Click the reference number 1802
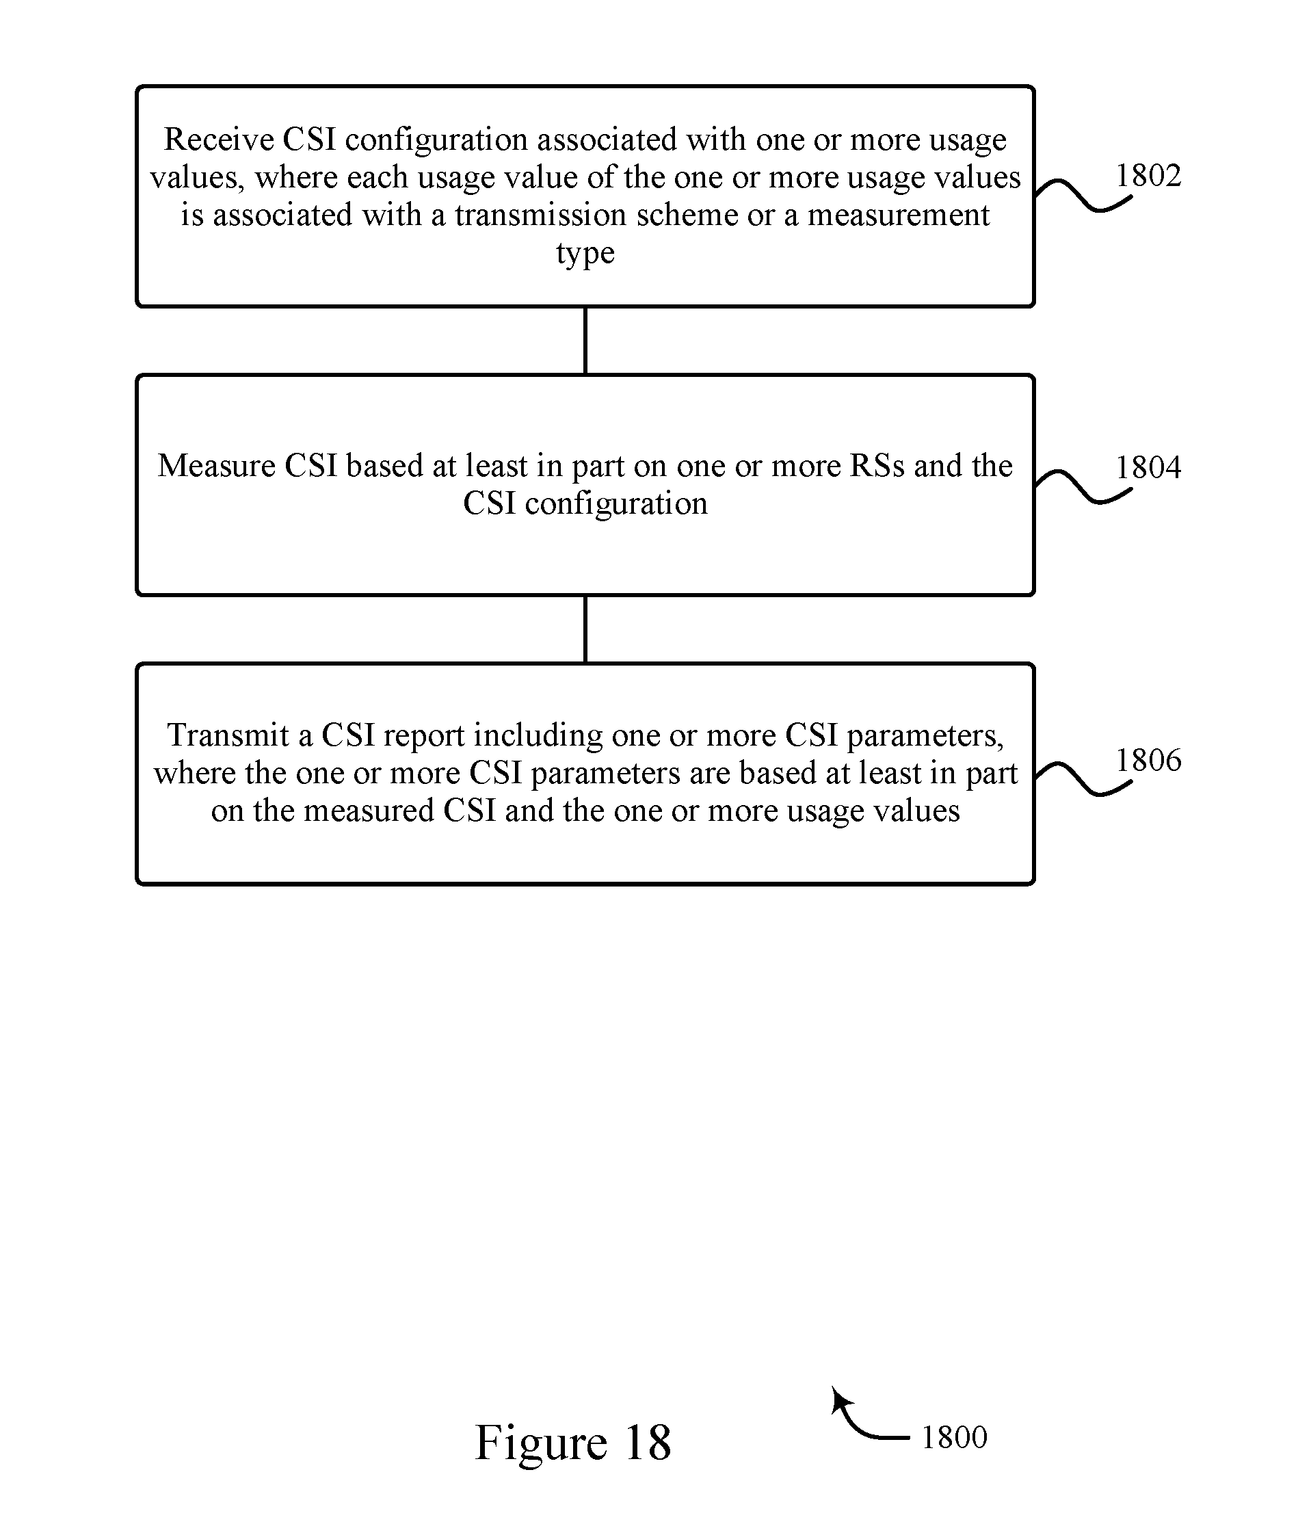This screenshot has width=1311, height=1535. coord(1148,176)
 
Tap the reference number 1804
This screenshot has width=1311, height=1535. coord(1148,467)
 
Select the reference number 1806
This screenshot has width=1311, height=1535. coord(1148,760)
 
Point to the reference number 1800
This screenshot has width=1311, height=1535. coord(954,1437)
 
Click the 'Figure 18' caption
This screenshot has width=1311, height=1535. coord(572,1443)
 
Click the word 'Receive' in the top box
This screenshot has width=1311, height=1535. coord(219,140)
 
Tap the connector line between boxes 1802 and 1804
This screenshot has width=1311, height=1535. coord(585,341)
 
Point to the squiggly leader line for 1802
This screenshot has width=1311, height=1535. coord(1083,194)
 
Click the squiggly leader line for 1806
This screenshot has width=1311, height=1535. coord(1083,778)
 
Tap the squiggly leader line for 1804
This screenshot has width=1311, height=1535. coord(1083,487)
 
